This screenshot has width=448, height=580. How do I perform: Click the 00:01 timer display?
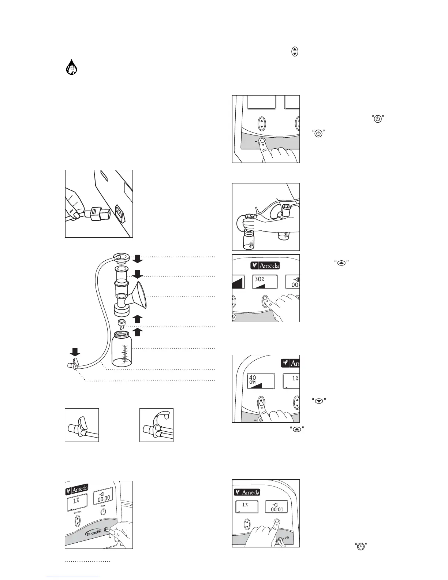pos(276,507)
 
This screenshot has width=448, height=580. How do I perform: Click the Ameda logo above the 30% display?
pos(265,265)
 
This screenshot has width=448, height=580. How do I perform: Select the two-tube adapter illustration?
pos(156,425)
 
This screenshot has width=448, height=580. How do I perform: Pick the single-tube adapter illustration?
pos(82,425)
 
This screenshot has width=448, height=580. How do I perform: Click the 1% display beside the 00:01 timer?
pos(246,506)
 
